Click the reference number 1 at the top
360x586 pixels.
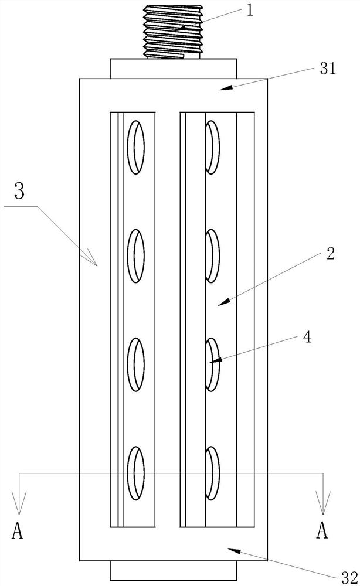coord(250,11)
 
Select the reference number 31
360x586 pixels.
coord(327,69)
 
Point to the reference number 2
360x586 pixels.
coord(330,254)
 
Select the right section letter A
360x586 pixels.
coord(321,532)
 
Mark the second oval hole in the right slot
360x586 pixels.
coord(213,255)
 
